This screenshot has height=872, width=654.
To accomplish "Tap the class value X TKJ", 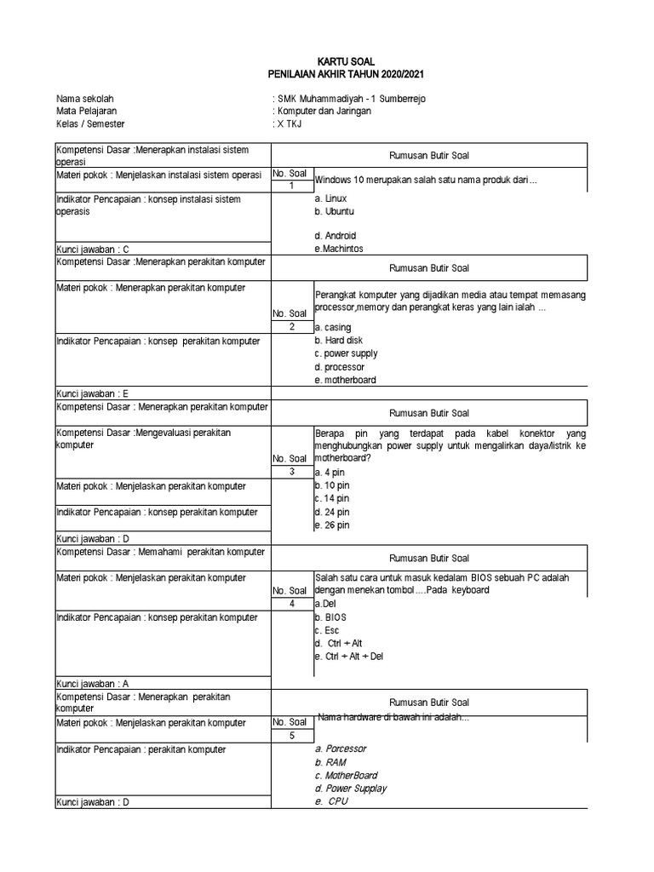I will point(289,123).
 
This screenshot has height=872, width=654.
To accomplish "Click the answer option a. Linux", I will point(330,198).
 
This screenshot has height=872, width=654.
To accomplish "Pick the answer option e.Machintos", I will point(338,248).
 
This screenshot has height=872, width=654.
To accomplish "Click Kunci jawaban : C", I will point(93,249).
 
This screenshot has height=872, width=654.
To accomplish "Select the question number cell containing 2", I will point(291,327).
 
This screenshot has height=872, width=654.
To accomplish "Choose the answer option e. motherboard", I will point(345,380).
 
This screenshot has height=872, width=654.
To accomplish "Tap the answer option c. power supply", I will point(346,353).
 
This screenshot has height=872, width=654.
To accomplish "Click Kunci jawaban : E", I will point(93,393).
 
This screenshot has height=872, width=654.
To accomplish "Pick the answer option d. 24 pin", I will point(331,513).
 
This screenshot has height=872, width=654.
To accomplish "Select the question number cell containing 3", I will point(291,472).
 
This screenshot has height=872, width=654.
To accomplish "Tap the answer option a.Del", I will point(325,603).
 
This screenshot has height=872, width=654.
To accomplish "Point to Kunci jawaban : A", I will point(93,683).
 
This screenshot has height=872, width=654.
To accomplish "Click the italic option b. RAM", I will point(330,763).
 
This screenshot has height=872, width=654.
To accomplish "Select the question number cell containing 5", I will point(291,736).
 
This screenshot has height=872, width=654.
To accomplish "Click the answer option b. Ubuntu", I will point(334,211).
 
